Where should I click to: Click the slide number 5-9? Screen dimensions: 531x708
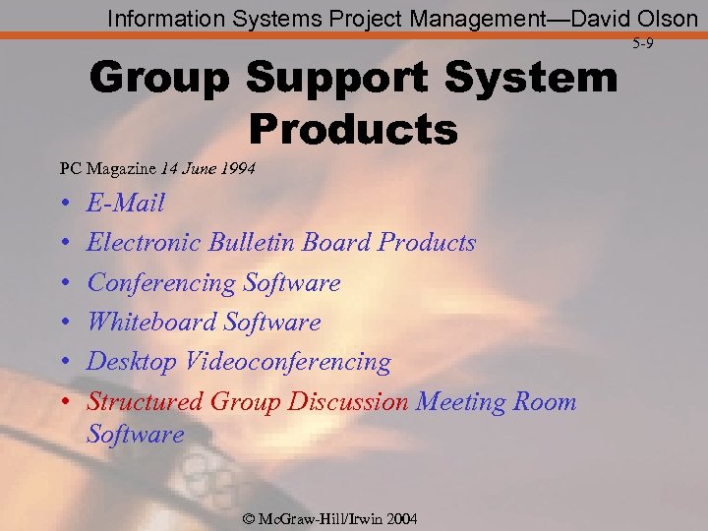pyautogui.click(x=643, y=43)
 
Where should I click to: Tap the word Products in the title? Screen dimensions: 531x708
pyautogui.click(x=353, y=128)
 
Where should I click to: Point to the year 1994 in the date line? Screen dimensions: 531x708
pyautogui.click(x=238, y=168)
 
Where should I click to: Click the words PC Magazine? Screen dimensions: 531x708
pyautogui.click(x=97, y=168)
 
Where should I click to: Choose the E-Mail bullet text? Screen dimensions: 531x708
pyautogui.click(x=126, y=204)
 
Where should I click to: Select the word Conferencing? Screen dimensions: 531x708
pyautogui.click(x=161, y=283)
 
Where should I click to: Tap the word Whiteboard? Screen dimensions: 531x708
pyautogui.click(x=151, y=323)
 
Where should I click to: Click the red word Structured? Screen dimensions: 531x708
pyautogui.click(x=146, y=402)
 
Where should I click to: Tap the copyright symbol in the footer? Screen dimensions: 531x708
pyautogui.click(x=247, y=519)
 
